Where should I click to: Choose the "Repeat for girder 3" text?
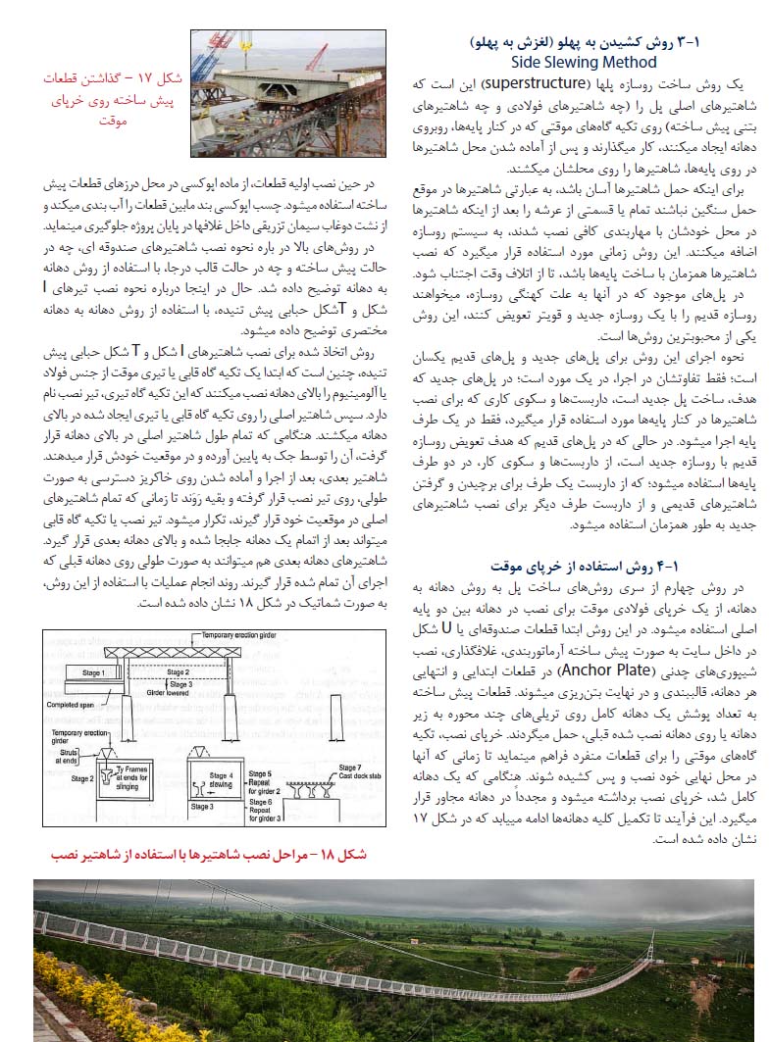click(x=260, y=812)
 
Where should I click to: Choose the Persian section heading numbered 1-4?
click(x=587, y=566)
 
